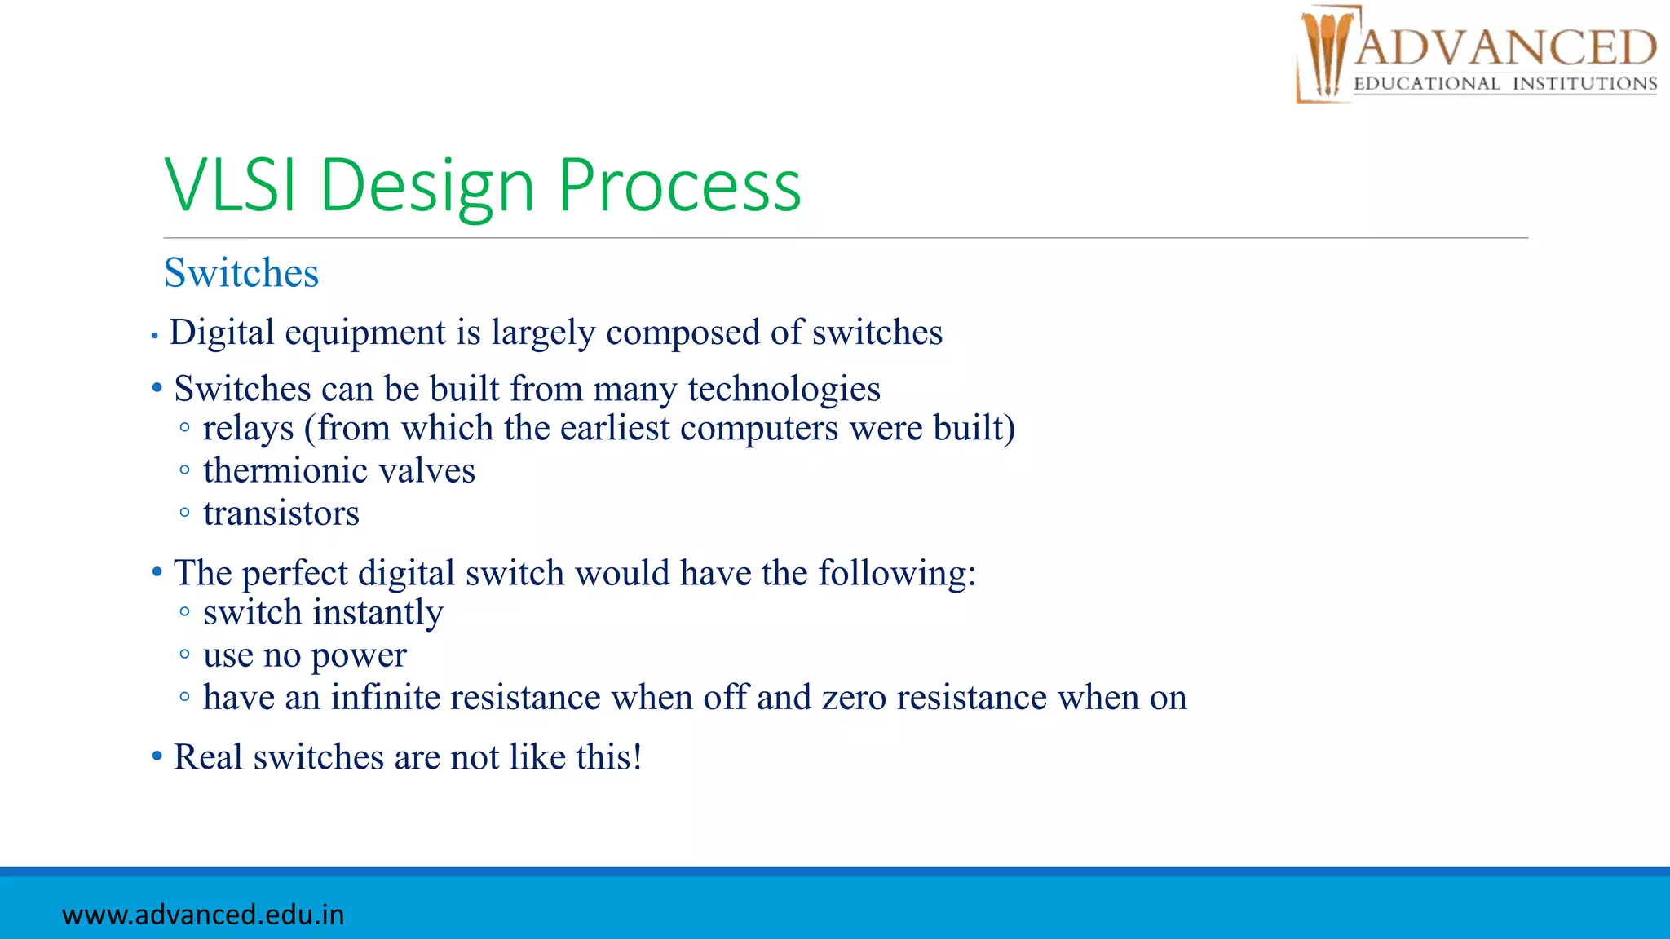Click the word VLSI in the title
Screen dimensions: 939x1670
[230, 186]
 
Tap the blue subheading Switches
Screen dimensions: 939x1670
[241, 272]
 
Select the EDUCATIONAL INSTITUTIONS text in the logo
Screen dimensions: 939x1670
[1505, 84]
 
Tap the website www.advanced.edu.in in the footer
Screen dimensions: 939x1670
[203, 915]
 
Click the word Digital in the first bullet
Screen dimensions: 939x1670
[222, 333]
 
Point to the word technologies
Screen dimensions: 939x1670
[784, 389]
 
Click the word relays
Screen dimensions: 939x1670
[248, 429]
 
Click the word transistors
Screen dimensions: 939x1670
[281, 514]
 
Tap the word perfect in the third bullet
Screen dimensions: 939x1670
[295, 574]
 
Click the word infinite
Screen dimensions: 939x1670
[385, 698]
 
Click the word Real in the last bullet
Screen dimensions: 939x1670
[208, 757]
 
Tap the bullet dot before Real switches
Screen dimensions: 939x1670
[157, 756]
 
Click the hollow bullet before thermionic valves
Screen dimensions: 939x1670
[185, 470]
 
